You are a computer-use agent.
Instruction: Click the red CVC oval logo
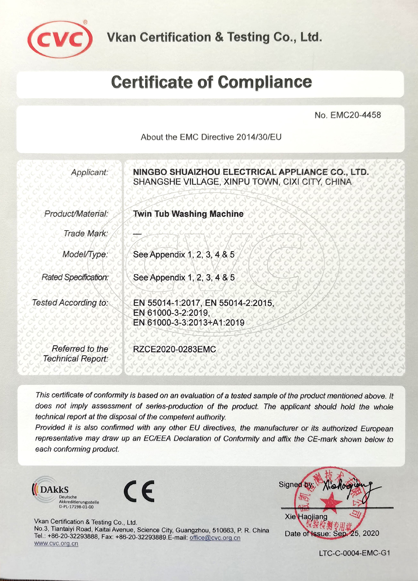pos(60,40)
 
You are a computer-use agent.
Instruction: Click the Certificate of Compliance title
pos(211,82)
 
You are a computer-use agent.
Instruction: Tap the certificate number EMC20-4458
pos(355,115)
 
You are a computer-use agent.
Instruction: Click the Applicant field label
pos(89,173)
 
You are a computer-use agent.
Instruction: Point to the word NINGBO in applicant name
pos(150,172)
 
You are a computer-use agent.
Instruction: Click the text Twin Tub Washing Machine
pos(188,214)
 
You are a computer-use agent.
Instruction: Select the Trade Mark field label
pos(86,233)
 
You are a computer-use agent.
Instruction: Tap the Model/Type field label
pos(85,254)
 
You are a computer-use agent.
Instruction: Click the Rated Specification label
pos(75,277)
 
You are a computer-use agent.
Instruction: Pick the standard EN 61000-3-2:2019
pos(171,313)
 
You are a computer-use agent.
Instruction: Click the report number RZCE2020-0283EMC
pos(174,349)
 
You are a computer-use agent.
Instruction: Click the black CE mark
pos(139,491)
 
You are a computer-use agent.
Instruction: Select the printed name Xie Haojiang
pos(306,517)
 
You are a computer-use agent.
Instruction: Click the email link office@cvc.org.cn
pos(215,538)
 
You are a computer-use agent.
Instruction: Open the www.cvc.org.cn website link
pos(56,543)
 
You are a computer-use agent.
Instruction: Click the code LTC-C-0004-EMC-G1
pos(354,553)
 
